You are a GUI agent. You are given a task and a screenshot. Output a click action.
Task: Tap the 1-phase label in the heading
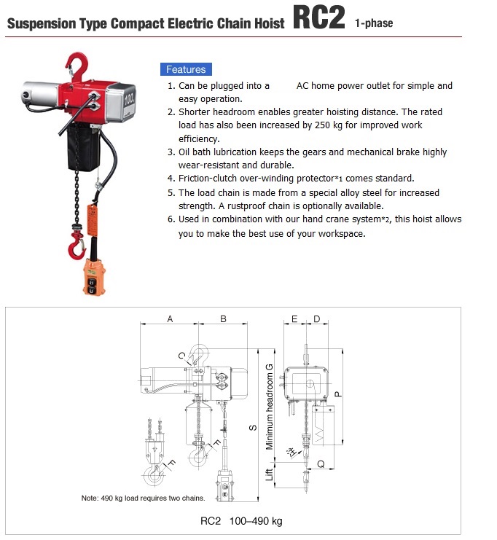click(x=374, y=23)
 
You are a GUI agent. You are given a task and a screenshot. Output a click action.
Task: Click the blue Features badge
click(x=186, y=69)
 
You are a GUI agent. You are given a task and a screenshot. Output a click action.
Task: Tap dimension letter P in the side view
click(x=339, y=393)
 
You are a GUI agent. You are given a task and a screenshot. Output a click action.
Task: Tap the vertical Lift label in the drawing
click(x=269, y=475)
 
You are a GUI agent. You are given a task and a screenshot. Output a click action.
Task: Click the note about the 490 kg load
click(x=143, y=498)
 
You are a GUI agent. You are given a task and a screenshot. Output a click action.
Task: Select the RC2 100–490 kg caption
click(x=241, y=521)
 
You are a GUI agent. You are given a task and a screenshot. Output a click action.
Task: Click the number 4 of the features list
click(x=171, y=179)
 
